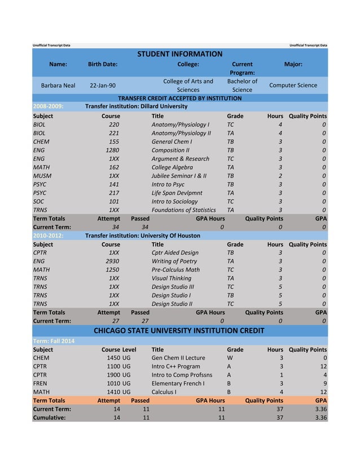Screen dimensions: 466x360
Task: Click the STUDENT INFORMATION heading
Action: click(x=180, y=54)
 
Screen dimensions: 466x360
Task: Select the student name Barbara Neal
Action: click(x=58, y=85)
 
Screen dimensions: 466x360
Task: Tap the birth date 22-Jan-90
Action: click(x=103, y=85)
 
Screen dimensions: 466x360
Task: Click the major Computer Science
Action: click(x=293, y=85)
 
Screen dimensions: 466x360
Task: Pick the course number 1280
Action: click(x=112, y=151)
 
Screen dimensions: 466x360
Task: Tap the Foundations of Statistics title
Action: click(x=183, y=210)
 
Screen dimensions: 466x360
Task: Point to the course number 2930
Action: click(x=112, y=262)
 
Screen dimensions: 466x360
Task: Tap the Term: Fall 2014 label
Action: click(x=54, y=341)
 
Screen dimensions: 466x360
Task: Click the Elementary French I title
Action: click(x=178, y=383)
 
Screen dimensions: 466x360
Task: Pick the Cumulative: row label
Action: click(x=49, y=417)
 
